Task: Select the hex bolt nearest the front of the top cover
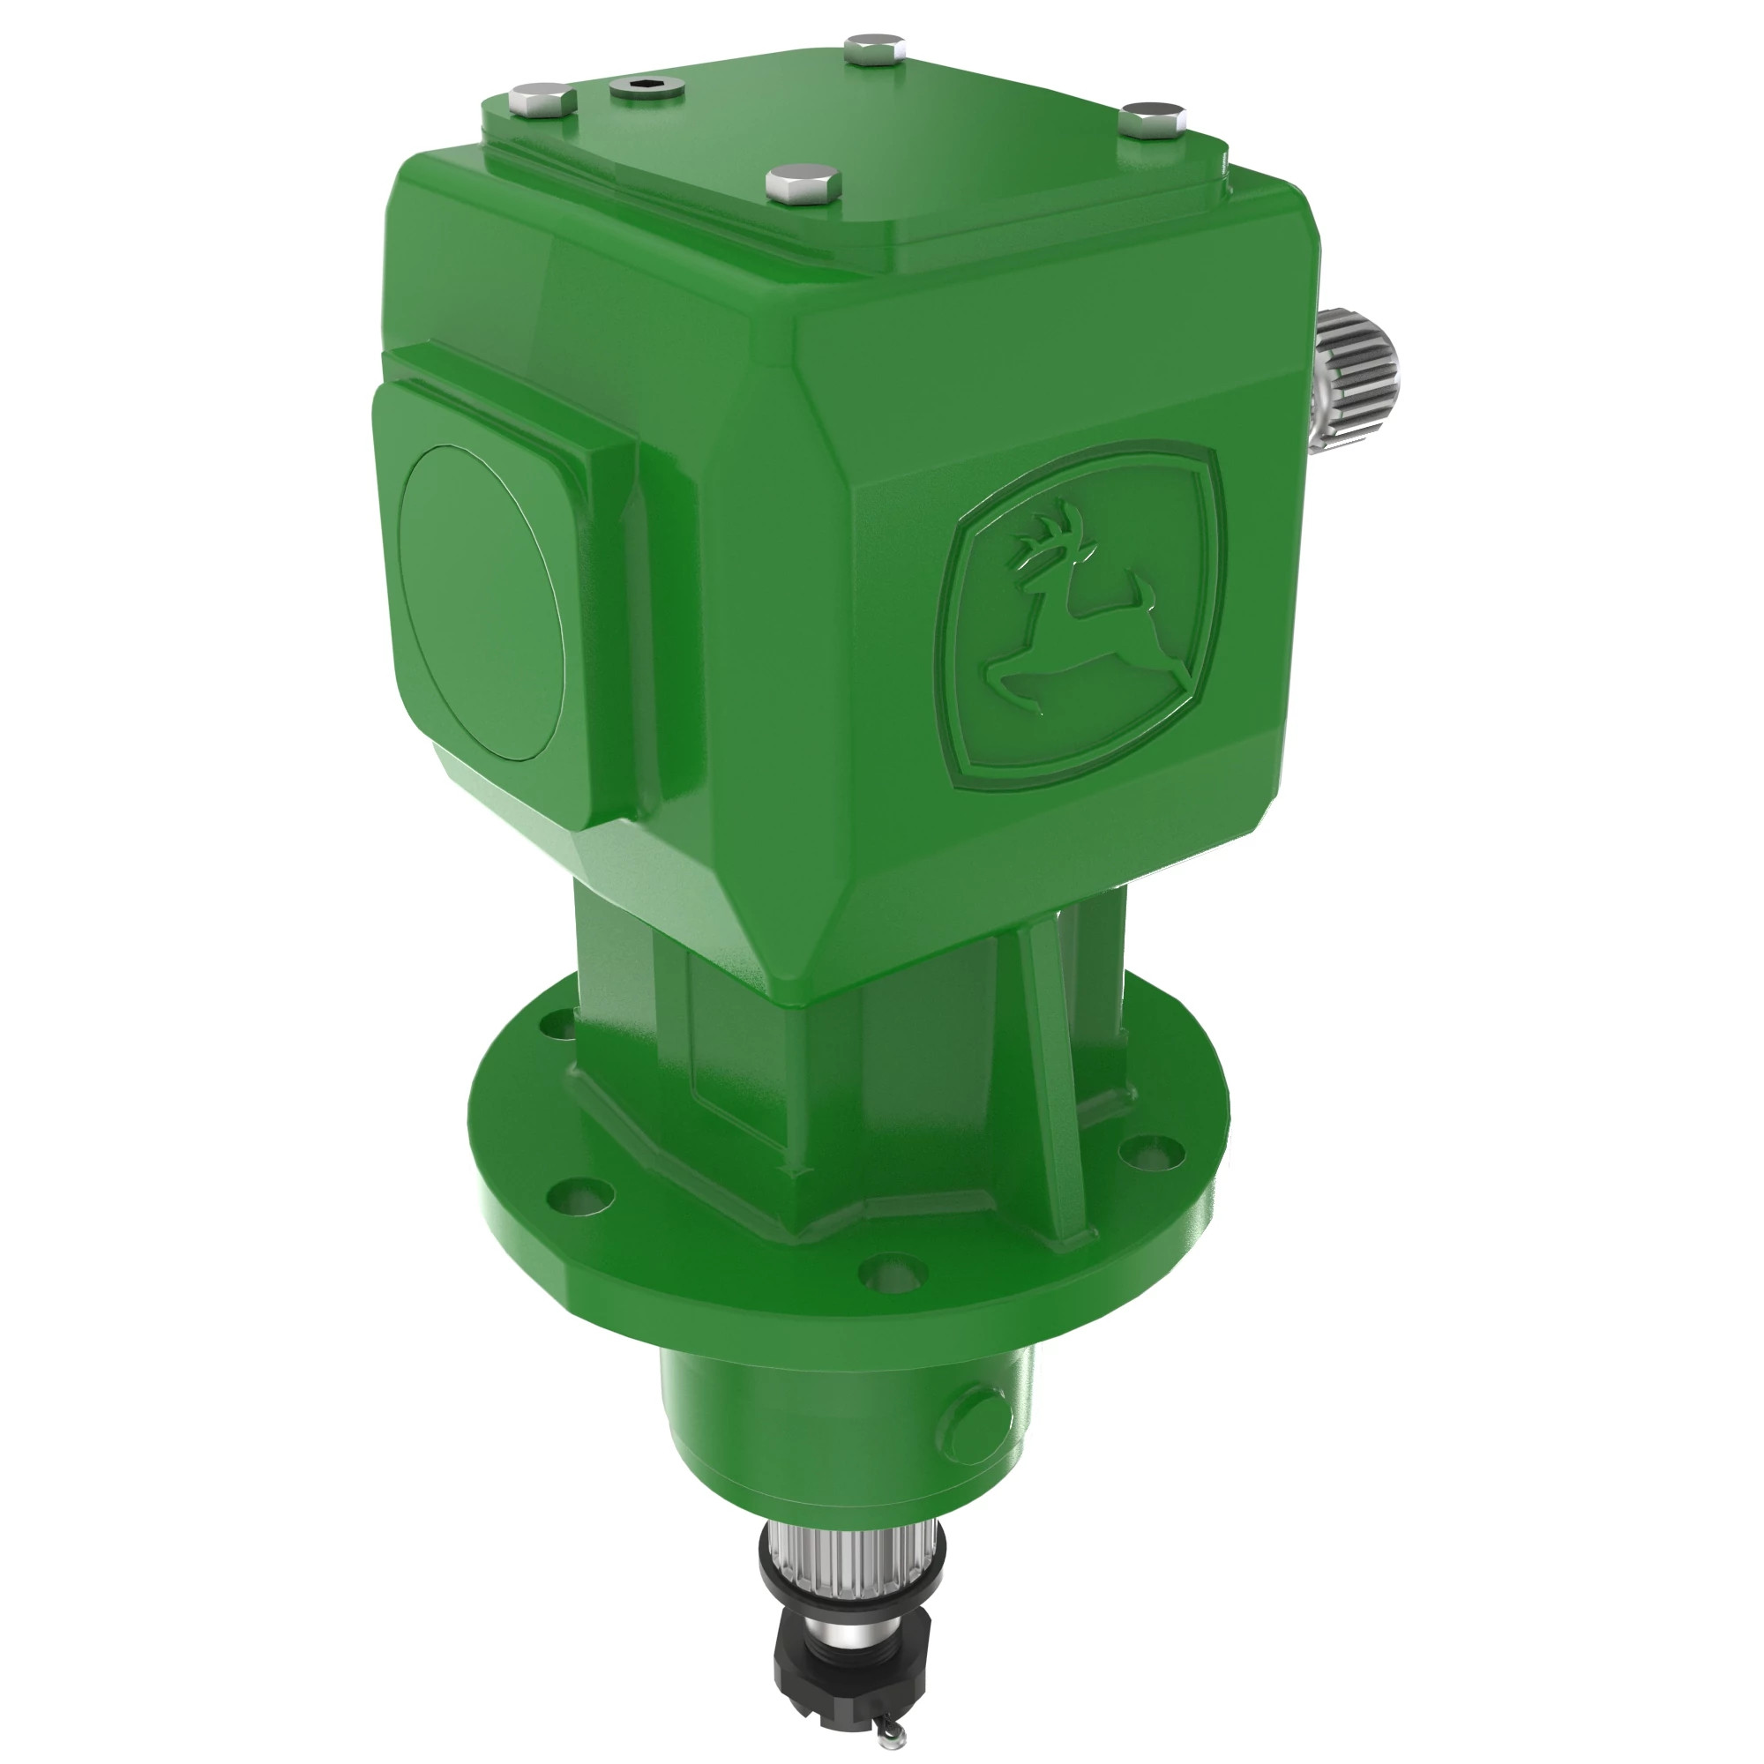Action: (804, 183)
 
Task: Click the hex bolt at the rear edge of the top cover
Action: (874, 49)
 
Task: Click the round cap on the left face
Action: (482, 603)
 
